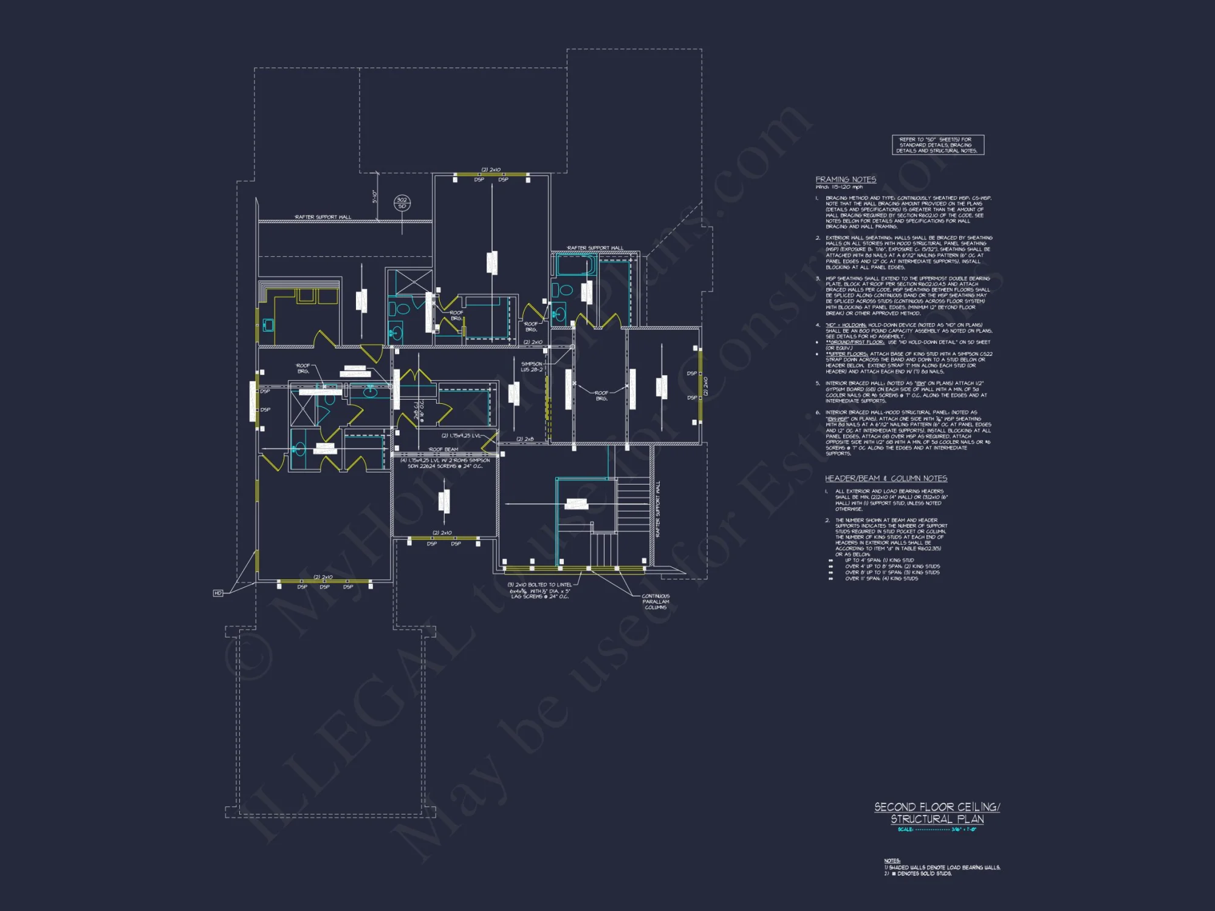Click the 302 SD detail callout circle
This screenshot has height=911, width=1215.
[402, 203]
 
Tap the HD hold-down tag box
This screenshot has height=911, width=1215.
[218, 593]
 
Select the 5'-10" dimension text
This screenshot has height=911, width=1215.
[375, 197]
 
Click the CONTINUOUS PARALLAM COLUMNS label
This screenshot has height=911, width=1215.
[655, 602]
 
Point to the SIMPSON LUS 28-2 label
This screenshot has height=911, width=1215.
[532, 367]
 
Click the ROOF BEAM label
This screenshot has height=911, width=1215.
[443, 449]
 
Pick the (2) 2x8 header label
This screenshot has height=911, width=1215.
[525, 439]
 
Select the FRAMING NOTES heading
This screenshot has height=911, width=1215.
[846, 180]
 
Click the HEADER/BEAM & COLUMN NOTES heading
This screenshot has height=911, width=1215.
[886, 479]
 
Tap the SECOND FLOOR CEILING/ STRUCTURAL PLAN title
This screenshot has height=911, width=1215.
[937, 813]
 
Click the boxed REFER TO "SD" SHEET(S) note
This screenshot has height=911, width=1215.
[937, 145]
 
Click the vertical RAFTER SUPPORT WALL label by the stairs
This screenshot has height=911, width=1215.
[658, 509]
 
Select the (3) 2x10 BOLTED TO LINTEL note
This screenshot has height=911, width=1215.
[539, 591]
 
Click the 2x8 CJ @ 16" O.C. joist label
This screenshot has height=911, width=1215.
[419, 411]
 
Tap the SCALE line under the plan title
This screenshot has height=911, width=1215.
[937, 830]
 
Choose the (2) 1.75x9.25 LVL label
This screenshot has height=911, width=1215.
[461, 436]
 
